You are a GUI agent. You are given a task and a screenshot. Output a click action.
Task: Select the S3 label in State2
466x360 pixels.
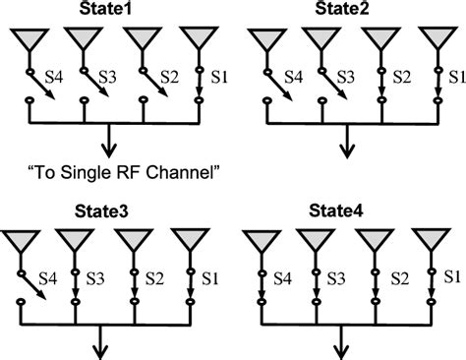click(x=343, y=75)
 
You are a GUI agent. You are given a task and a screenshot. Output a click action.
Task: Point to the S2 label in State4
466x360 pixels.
click(x=399, y=278)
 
